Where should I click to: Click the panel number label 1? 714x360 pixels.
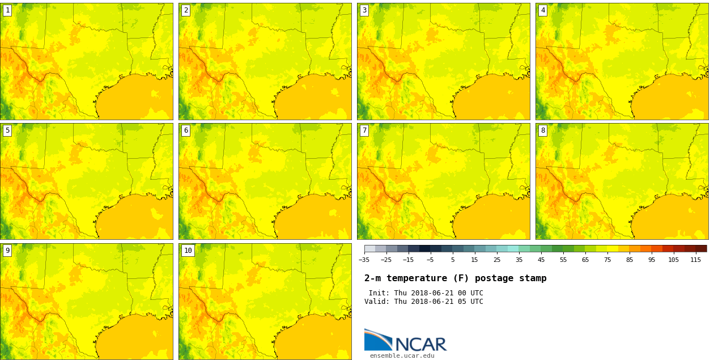tap(7, 10)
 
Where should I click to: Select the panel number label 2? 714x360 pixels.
tap(186, 10)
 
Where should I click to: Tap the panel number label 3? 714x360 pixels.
tap(364, 10)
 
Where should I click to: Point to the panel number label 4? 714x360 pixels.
tap(543, 10)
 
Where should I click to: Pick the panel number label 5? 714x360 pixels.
tap(7, 130)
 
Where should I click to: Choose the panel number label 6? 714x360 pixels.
tap(186, 130)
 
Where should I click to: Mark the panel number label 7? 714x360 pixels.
tap(364, 130)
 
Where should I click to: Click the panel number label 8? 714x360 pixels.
tap(543, 130)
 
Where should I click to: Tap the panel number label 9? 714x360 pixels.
tap(7, 251)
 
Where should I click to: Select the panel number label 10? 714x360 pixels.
tap(188, 251)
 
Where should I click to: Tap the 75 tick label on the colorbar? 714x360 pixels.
tap(607, 260)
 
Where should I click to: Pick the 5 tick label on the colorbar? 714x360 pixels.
tap(452, 260)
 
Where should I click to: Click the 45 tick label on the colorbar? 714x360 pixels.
tap(541, 260)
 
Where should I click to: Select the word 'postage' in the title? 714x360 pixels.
tap(491, 278)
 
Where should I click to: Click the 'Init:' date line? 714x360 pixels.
tap(426, 293)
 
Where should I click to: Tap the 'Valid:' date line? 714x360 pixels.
tap(423, 302)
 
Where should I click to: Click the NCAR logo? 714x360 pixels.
tap(405, 340)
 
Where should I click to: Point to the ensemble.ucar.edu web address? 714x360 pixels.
tap(402, 356)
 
